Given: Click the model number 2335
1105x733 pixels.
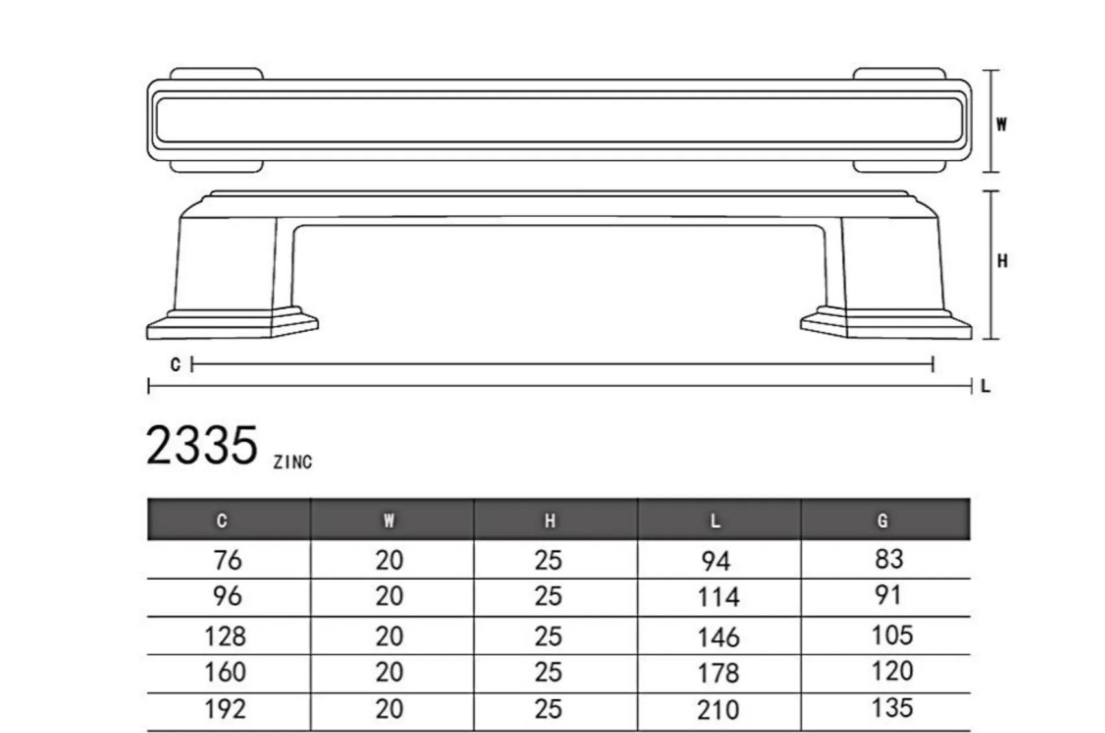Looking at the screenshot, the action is pos(201,446).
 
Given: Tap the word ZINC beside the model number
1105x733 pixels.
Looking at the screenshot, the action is pos(293,463).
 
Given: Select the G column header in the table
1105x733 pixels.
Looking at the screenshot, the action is pos(882,520).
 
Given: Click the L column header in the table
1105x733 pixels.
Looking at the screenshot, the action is pos(715,520).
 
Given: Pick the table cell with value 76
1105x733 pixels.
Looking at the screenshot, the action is pos(227,560).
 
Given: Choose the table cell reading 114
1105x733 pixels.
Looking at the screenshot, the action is pos(718,597).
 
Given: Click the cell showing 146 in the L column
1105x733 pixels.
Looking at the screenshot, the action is pos(718,637).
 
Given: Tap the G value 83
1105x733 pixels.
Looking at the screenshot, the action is pos(889,559).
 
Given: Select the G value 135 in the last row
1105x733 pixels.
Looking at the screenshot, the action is pos(892,708).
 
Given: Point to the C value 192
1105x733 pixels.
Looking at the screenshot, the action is pos(225,709).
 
